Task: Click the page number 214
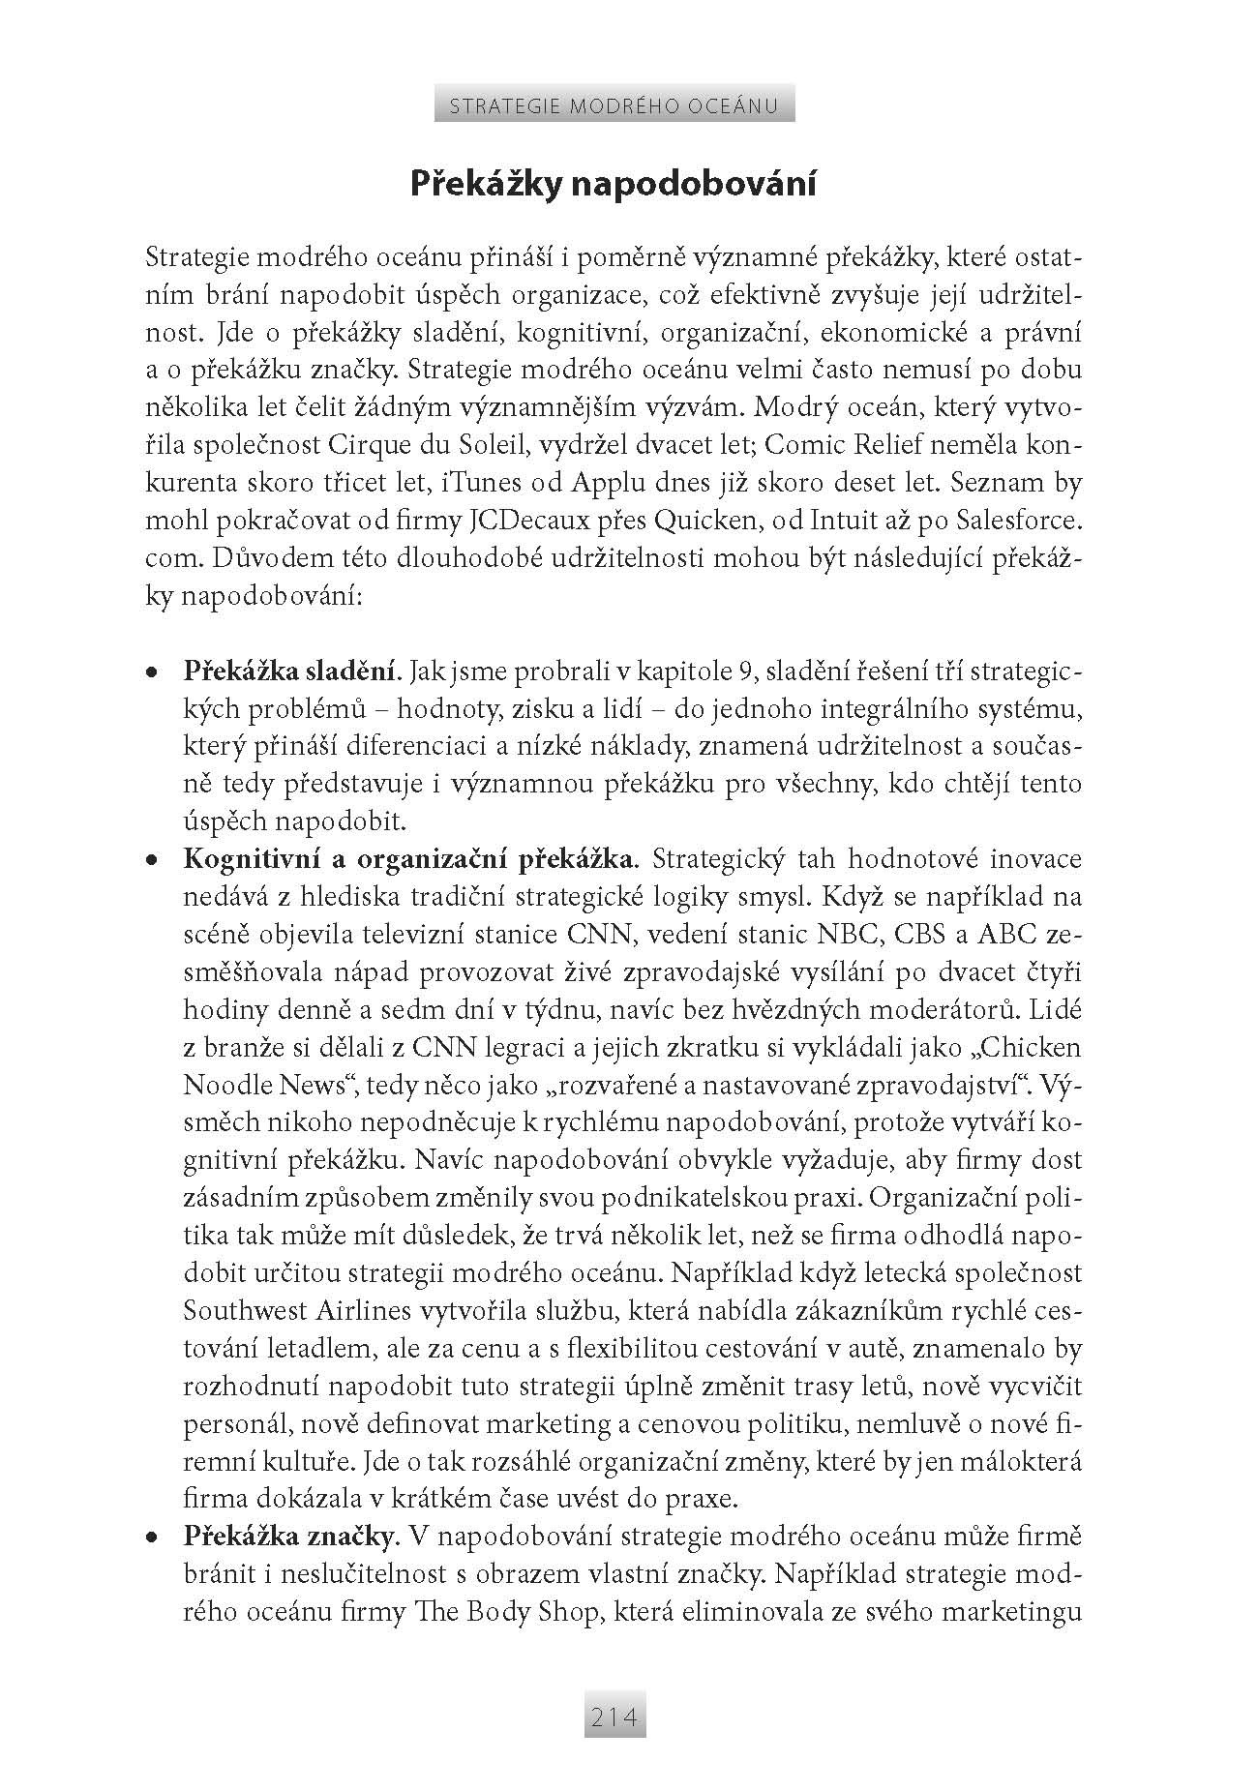click(x=614, y=1717)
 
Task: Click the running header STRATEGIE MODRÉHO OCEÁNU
click(x=614, y=105)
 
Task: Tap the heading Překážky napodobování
click(x=613, y=184)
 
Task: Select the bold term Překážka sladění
click(x=291, y=671)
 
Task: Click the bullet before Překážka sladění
click(x=151, y=672)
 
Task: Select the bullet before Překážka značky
click(x=151, y=1537)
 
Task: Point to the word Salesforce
click(x=1018, y=521)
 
